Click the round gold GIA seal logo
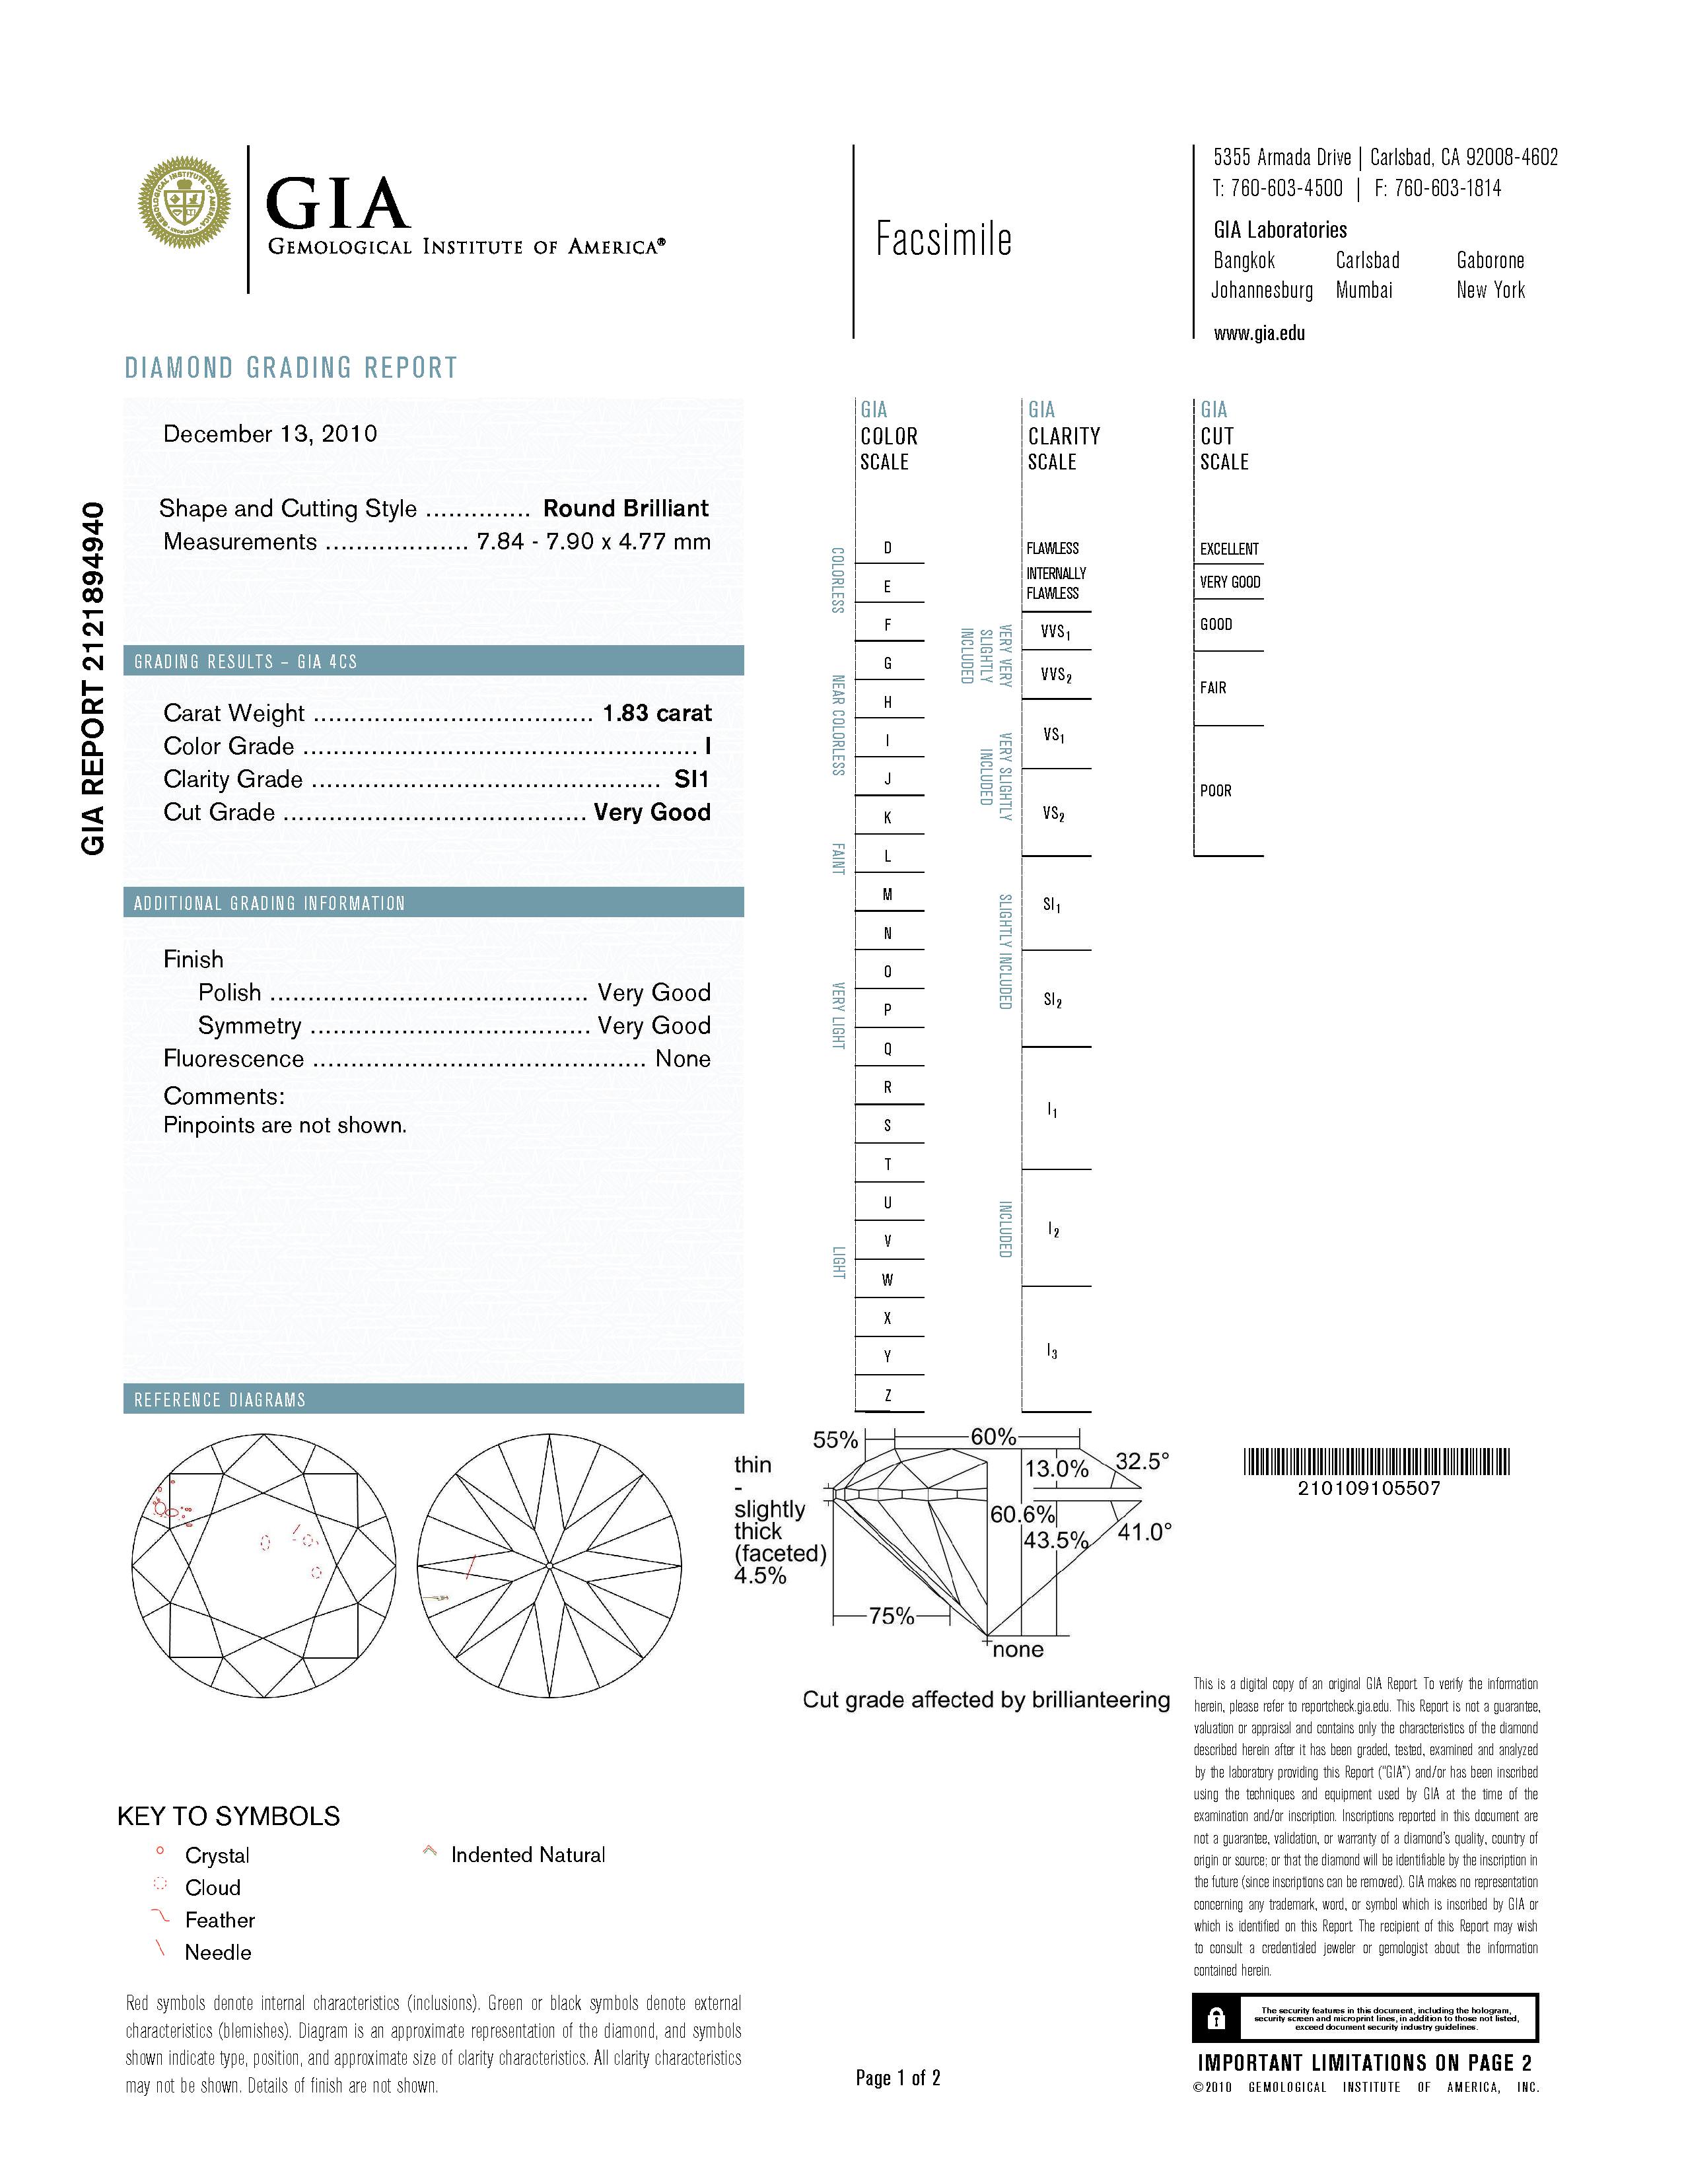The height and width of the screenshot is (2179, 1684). (x=184, y=203)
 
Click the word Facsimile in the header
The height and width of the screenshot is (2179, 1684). (x=943, y=240)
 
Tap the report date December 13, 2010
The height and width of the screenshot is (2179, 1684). (x=270, y=434)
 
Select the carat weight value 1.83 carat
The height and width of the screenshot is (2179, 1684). (x=656, y=713)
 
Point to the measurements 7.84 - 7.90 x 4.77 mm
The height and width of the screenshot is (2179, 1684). (x=594, y=541)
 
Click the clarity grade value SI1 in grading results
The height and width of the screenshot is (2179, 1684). (x=691, y=779)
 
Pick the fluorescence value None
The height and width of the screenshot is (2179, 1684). (x=682, y=1058)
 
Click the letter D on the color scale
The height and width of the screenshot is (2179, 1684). (x=887, y=548)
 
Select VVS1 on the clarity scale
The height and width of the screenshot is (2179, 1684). (x=1055, y=631)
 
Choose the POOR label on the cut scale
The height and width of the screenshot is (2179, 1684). (x=1215, y=790)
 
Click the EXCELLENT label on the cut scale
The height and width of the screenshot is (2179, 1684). (x=1228, y=549)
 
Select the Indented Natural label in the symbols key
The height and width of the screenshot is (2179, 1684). (x=528, y=1855)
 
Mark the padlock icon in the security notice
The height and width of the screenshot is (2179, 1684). (x=1215, y=2019)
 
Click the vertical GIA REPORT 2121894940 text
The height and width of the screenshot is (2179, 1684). (x=92, y=678)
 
